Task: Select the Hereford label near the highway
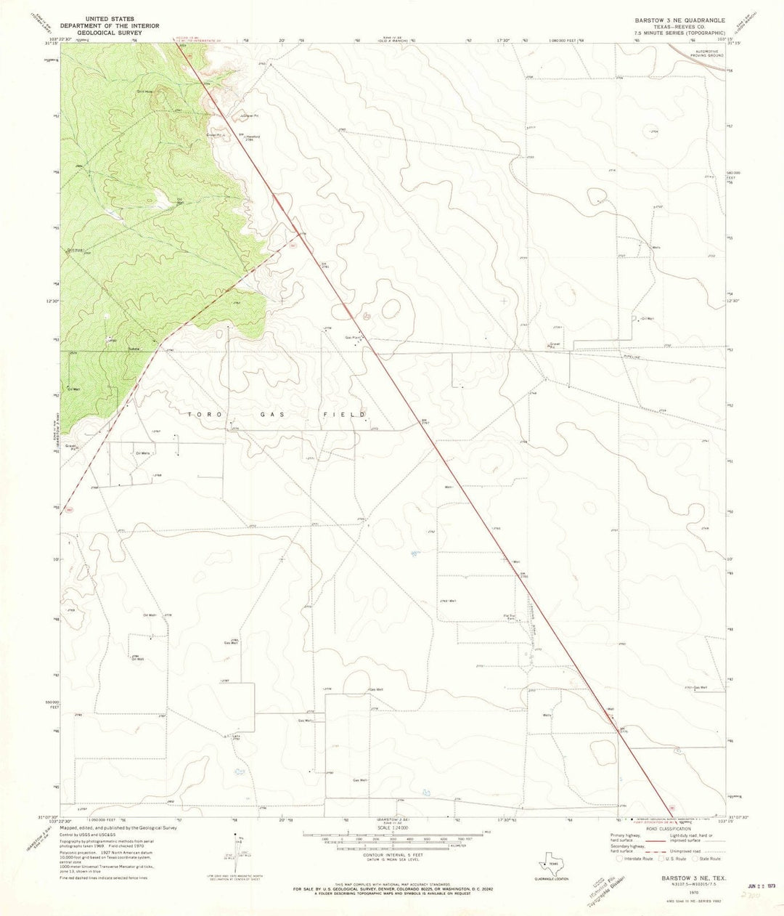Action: click(252, 136)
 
